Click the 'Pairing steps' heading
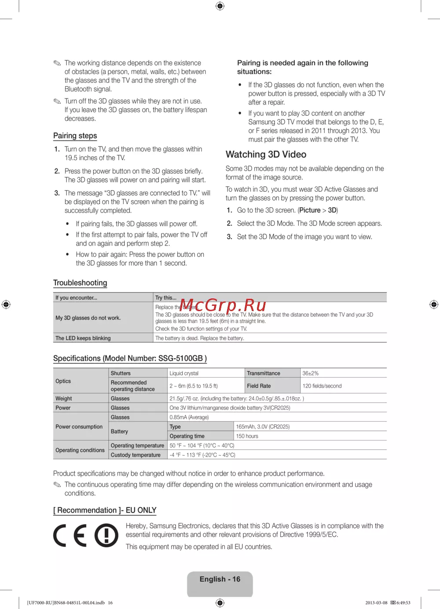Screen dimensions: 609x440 (x=75, y=136)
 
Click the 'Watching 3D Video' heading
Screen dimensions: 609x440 (x=266, y=154)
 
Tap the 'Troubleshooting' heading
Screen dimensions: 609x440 (x=80, y=283)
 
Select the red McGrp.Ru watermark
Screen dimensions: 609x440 (x=223, y=304)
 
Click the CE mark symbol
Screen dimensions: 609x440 (x=70, y=536)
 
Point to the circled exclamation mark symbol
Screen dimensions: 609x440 (x=106, y=536)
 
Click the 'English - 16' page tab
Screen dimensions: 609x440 (x=220, y=580)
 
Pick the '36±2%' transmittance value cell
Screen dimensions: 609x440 (x=311, y=373)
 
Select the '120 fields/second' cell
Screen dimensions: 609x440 (x=322, y=386)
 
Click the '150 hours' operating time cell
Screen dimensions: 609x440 (x=247, y=436)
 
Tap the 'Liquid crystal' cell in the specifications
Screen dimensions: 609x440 (x=184, y=373)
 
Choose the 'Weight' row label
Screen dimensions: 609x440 (x=64, y=398)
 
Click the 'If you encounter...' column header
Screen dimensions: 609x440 (x=77, y=298)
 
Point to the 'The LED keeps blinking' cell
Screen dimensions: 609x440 (x=83, y=338)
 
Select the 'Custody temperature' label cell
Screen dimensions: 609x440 (x=136, y=455)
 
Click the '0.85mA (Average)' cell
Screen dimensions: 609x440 (x=189, y=417)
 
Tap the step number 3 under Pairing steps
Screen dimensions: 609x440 (x=57, y=193)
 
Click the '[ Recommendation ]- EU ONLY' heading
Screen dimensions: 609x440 (x=105, y=510)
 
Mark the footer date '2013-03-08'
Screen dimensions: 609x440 (x=376, y=603)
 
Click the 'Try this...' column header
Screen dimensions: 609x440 (x=166, y=298)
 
